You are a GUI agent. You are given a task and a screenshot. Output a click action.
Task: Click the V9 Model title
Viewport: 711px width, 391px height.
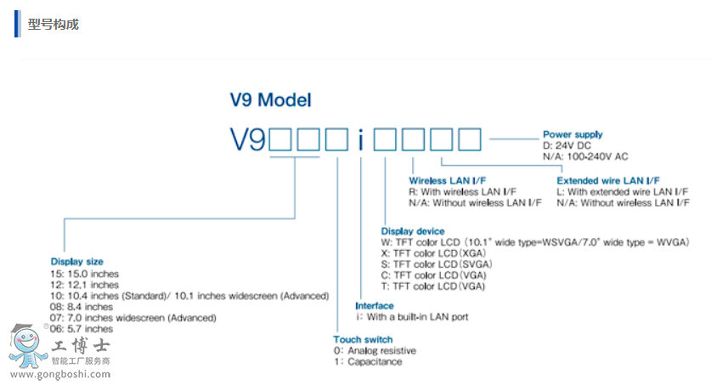(x=270, y=99)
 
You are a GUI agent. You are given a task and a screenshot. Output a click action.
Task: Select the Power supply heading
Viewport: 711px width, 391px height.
(x=573, y=134)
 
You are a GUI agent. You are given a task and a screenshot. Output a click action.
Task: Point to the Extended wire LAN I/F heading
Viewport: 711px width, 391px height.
(x=608, y=181)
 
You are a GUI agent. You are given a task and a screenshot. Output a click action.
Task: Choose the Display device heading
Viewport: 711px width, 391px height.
(x=413, y=231)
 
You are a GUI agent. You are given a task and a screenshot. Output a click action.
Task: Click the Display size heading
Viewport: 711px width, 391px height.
(x=76, y=262)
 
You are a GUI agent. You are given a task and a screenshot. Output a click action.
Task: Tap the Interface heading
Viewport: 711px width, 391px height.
(x=375, y=306)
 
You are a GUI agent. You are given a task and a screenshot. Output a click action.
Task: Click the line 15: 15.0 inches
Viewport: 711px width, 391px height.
(x=85, y=274)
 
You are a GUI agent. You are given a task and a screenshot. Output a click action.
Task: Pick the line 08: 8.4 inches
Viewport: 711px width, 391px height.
(x=82, y=307)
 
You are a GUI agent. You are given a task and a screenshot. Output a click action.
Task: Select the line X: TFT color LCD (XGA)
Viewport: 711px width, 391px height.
(x=432, y=253)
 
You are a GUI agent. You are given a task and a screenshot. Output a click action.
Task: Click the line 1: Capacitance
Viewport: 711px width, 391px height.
(x=368, y=361)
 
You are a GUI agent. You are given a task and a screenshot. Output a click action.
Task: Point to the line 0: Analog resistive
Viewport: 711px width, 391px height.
(x=375, y=350)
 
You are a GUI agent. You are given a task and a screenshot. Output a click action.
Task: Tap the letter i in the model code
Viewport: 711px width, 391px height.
(x=360, y=139)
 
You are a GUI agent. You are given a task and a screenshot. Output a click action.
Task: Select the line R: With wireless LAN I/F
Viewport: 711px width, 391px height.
(x=463, y=192)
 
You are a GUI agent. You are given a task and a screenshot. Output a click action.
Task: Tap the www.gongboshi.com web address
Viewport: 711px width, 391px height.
(x=59, y=373)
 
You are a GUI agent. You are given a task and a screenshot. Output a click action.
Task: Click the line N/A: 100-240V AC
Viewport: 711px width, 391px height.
(x=586, y=156)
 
